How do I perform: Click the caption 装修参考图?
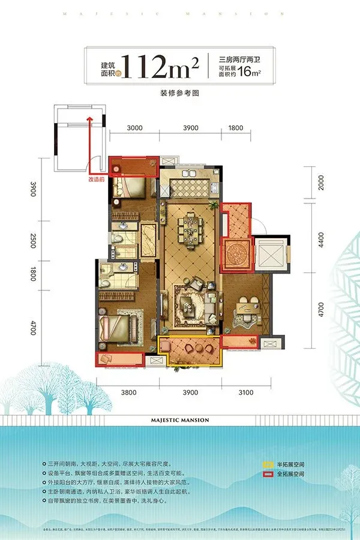point(179,94)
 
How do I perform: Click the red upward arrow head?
point(89,119)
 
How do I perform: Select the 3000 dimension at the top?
point(135,128)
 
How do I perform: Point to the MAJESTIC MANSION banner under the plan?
point(179,420)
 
